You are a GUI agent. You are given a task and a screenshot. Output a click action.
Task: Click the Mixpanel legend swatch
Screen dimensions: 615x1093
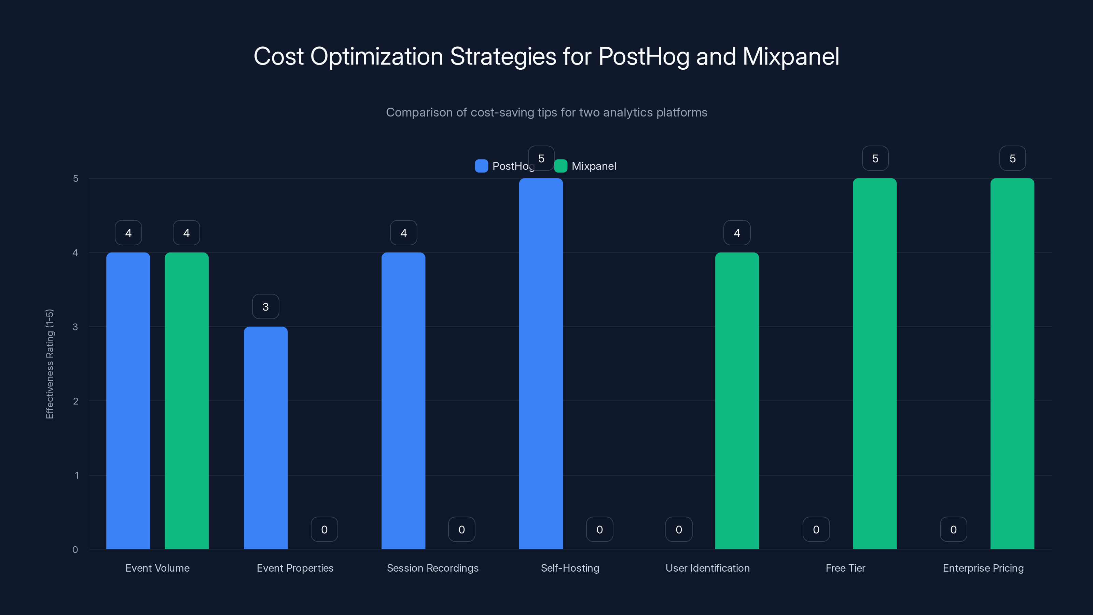click(561, 166)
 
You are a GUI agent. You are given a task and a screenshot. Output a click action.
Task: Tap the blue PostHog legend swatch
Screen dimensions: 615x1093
click(481, 166)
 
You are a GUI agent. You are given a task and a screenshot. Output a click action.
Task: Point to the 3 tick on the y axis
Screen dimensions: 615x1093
click(75, 327)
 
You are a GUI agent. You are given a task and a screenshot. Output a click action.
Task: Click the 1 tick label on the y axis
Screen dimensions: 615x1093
click(77, 475)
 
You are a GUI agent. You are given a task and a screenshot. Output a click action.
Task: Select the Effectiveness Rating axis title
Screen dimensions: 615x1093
click(50, 364)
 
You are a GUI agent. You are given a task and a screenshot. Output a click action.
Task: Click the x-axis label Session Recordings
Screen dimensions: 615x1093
click(432, 568)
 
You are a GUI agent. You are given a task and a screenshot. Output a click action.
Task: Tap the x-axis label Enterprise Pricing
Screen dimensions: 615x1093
click(983, 568)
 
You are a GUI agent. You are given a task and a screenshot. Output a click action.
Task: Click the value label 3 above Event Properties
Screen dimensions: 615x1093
click(266, 306)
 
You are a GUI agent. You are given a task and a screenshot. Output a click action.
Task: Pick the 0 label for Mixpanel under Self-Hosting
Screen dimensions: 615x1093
click(599, 529)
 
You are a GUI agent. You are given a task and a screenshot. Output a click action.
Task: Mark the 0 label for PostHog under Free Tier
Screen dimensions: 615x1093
click(816, 529)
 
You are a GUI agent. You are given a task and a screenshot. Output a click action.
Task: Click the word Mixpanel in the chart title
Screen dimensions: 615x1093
click(790, 56)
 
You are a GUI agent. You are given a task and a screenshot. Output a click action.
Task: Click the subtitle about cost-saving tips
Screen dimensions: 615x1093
click(546, 112)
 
